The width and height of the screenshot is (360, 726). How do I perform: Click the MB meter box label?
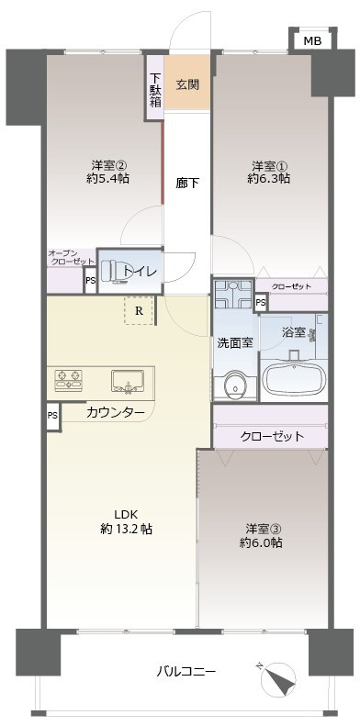[312, 41]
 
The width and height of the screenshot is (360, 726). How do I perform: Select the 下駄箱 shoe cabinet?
[156, 89]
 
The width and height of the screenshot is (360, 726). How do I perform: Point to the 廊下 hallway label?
[187, 182]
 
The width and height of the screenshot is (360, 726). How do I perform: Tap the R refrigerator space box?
[139, 310]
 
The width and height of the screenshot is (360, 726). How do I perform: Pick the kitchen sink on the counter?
[129, 379]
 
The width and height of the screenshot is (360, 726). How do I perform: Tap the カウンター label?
[116, 413]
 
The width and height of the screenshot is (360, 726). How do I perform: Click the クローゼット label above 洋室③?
[272, 436]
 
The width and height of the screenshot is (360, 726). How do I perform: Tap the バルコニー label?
[186, 671]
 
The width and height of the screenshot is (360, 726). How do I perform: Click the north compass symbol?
[280, 680]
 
